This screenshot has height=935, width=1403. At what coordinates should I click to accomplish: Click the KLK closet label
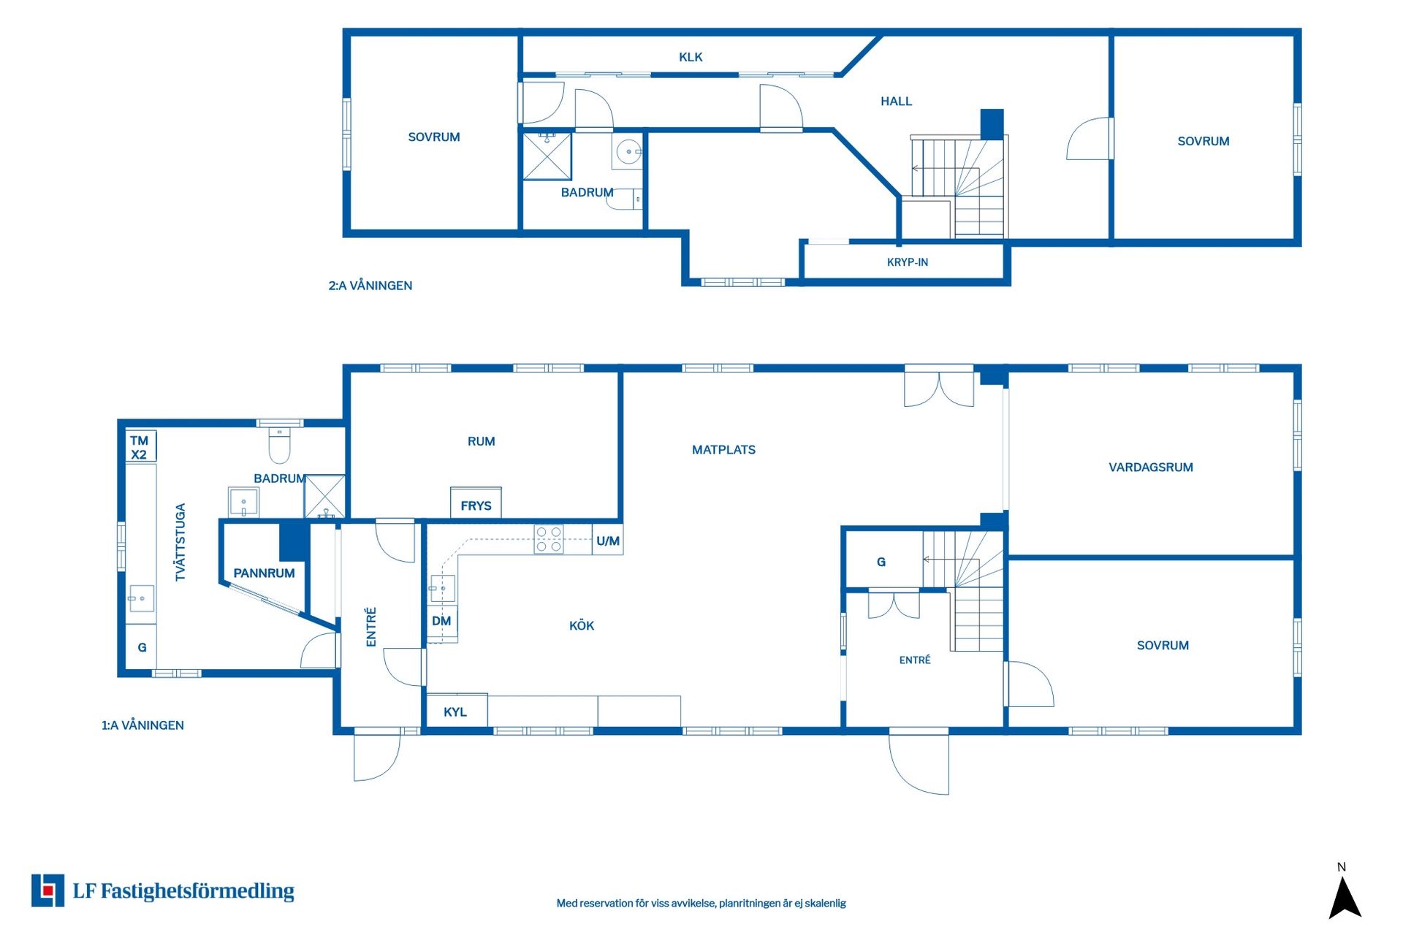click(691, 57)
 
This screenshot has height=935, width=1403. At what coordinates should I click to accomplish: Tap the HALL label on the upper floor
click(896, 102)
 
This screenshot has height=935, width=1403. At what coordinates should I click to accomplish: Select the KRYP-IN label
click(908, 262)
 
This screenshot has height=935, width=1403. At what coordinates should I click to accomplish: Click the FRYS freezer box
click(476, 503)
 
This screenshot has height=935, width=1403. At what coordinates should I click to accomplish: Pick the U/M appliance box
click(607, 541)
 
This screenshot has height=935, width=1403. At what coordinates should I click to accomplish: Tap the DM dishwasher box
click(442, 622)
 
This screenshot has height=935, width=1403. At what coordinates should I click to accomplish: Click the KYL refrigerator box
click(457, 711)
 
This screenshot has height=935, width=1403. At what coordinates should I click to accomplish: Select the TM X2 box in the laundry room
click(140, 446)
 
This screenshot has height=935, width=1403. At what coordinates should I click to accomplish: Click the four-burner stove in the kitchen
click(549, 539)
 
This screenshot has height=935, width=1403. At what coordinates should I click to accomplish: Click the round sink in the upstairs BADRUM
click(628, 152)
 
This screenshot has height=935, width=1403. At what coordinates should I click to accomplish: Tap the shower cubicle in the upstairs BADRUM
click(547, 156)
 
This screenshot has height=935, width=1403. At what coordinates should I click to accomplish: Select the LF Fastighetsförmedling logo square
click(47, 890)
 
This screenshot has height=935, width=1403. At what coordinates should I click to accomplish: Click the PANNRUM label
click(264, 573)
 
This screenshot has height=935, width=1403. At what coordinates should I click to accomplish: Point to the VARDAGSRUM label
click(1151, 467)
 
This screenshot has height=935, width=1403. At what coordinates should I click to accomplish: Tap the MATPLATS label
click(723, 450)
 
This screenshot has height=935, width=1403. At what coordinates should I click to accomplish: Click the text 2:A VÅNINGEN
click(370, 286)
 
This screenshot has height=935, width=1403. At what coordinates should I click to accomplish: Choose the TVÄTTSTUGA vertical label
click(180, 542)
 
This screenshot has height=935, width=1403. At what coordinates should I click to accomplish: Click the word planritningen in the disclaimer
click(749, 904)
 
